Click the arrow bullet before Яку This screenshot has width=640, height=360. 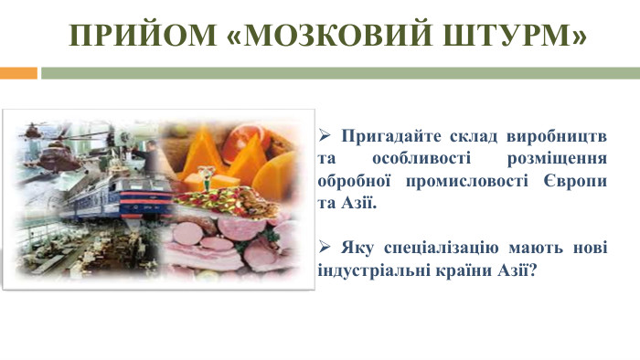(324, 249)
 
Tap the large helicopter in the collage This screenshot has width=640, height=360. (57, 137)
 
